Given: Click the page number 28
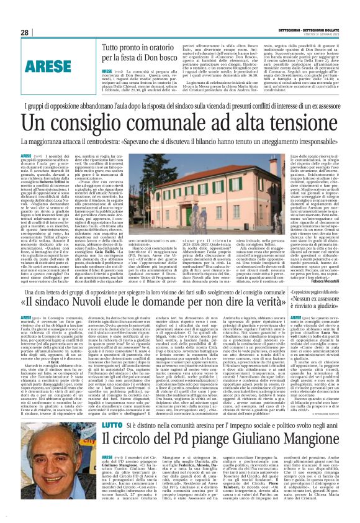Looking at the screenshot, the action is click(25, 33).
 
